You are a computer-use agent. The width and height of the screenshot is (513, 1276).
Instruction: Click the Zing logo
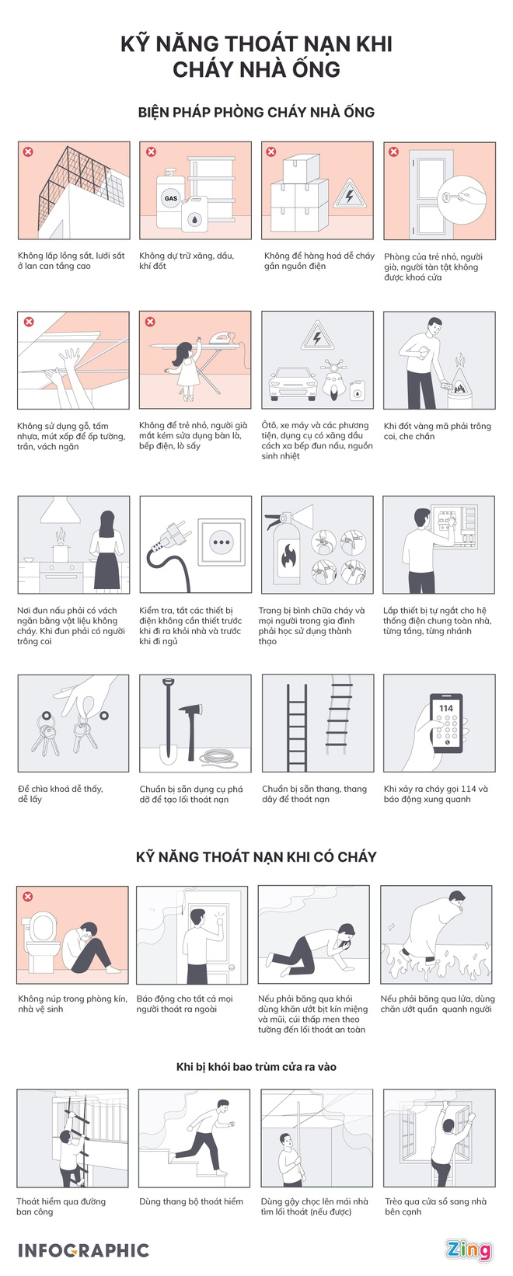468,1250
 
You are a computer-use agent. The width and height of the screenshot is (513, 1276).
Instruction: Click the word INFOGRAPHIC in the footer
83,1250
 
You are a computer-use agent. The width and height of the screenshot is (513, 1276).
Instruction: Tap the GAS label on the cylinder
170,198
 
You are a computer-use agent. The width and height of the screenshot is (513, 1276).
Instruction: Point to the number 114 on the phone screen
446,708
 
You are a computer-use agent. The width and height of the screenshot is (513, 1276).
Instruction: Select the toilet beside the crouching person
42,936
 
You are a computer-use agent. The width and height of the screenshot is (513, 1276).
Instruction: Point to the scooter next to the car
332,380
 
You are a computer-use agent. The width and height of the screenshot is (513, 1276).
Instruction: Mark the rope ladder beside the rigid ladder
340,718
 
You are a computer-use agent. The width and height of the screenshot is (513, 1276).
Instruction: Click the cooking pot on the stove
61,553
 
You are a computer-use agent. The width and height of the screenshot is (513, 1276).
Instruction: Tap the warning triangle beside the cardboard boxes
350,196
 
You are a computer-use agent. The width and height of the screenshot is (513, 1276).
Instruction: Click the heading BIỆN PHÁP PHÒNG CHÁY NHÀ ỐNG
256,113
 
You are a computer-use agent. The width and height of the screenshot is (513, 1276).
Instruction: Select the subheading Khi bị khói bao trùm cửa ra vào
256,1067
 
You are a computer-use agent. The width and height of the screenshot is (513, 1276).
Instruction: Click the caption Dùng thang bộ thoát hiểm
191,1201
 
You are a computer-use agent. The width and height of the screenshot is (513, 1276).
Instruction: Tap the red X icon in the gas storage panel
151,152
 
